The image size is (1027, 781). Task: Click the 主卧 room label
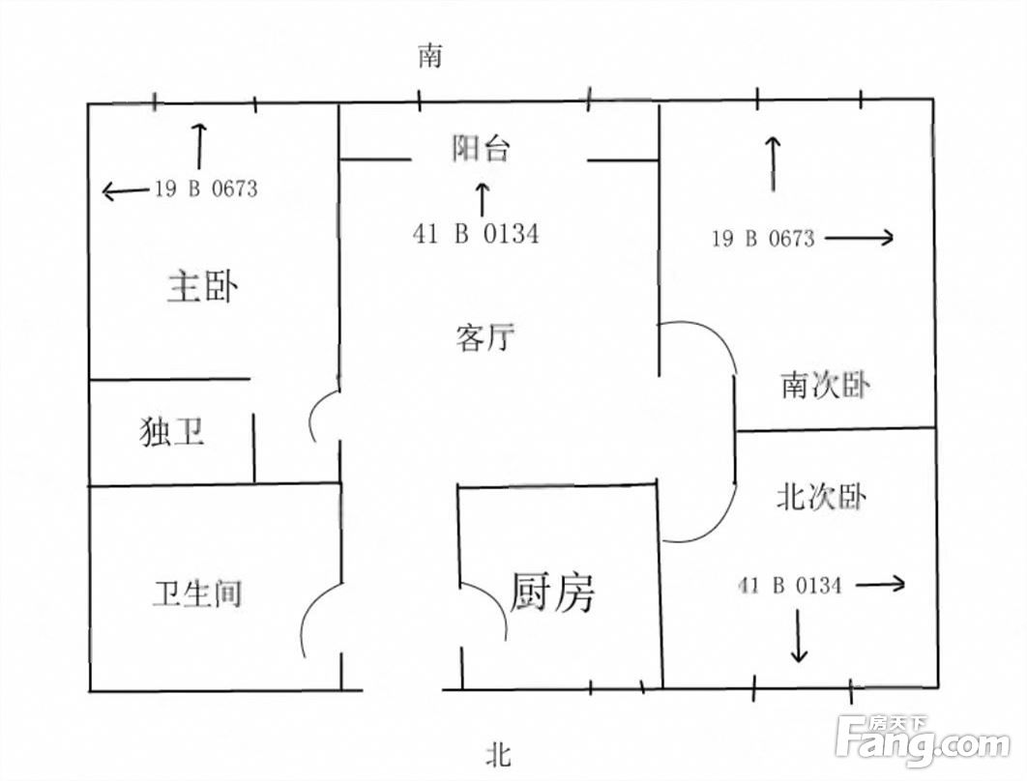tap(202, 286)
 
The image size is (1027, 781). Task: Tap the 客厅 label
tap(485, 337)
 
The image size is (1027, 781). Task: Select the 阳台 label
tap(481, 149)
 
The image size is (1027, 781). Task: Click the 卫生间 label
tap(197, 593)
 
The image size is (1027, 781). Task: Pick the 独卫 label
tap(171, 432)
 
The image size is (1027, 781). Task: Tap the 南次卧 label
tap(825, 385)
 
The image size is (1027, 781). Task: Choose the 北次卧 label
tap(821, 496)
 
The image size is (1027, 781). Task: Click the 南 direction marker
tap(430, 56)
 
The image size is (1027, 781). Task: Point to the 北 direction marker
tap(498, 754)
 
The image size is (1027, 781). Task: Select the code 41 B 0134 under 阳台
tap(476, 234)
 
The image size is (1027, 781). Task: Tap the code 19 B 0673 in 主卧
tap(206, 189)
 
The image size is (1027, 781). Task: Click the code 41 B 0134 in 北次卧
tap(790, 585)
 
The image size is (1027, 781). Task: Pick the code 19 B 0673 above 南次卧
tap(764, 239)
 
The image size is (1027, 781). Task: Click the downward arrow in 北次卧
tap(799, 636)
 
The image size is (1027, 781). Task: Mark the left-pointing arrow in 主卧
tap(125, 191)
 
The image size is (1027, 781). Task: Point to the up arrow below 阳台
tap(482, 199)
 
